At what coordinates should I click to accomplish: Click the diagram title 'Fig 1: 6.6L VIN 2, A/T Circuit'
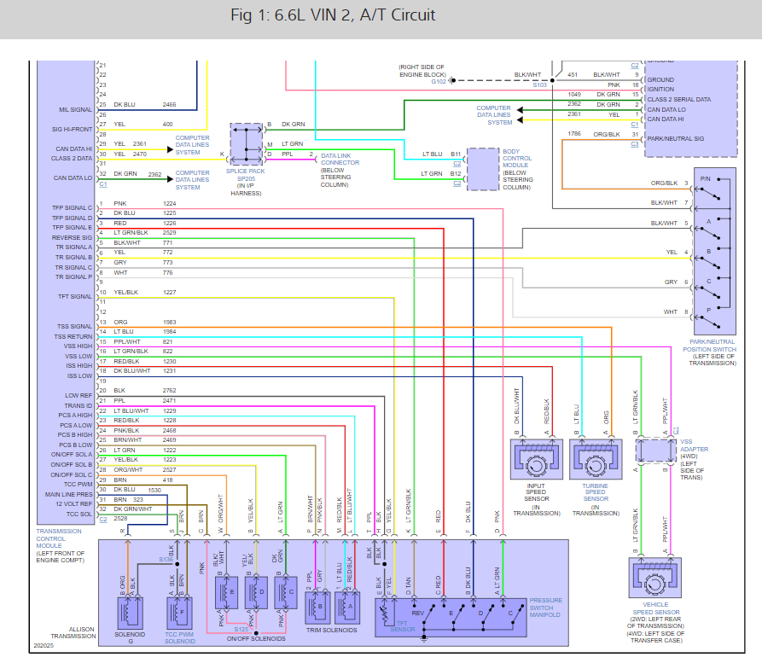pos(333,16)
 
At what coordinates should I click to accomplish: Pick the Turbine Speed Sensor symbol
pos(595,465)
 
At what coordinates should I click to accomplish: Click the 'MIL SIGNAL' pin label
pos(75,109)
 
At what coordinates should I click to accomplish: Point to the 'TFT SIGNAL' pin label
pos(75,297)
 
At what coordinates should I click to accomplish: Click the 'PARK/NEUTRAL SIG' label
pos(676,137)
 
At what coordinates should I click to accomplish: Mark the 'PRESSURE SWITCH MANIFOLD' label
pos(546,607)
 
